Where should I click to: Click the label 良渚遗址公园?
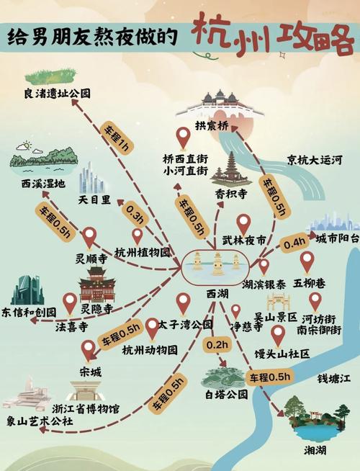[x=57, y=93]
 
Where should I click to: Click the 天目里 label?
[x=94, y=197]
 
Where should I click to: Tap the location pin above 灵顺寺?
[x=89, y=236]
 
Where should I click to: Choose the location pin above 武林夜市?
[x=244, y=224]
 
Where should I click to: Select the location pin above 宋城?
[x=89, y=350]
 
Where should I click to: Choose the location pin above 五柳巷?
[x=307, y=261]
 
